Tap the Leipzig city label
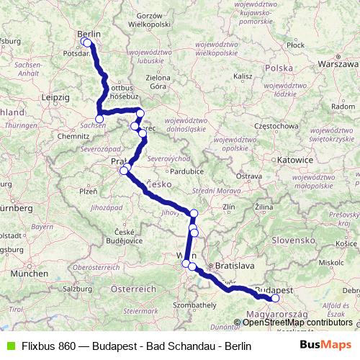pyautogui.click(x=55, y=96)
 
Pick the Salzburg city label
pyautogui.click(x=78, y=287)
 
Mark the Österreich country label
pyautogui.click(x=133, y=288)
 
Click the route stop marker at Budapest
pyautogui.click(x=275, y=298)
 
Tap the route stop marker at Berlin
pyautogui.click(x=87, y=42)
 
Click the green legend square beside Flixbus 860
pyautogui.click(x=9, y=346)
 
